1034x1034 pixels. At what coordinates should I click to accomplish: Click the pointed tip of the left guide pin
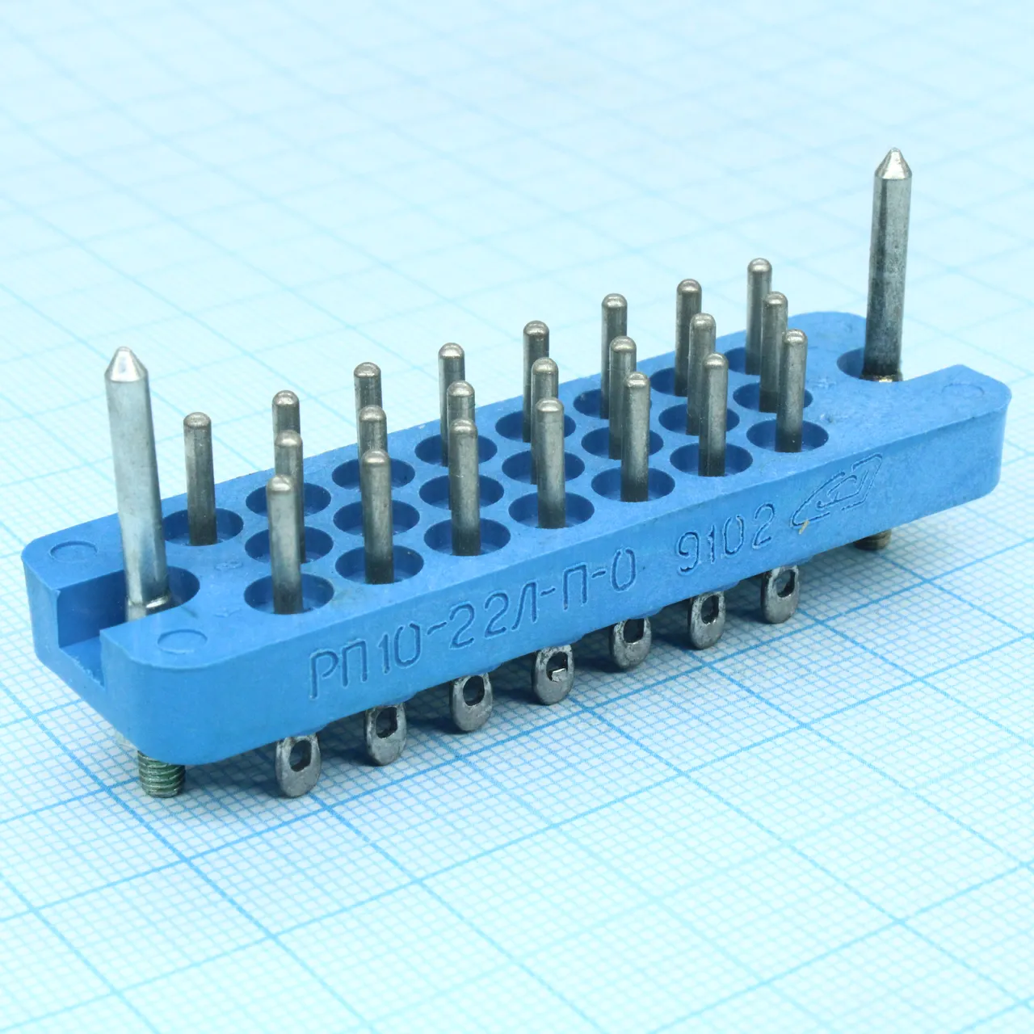coord(124,350)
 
